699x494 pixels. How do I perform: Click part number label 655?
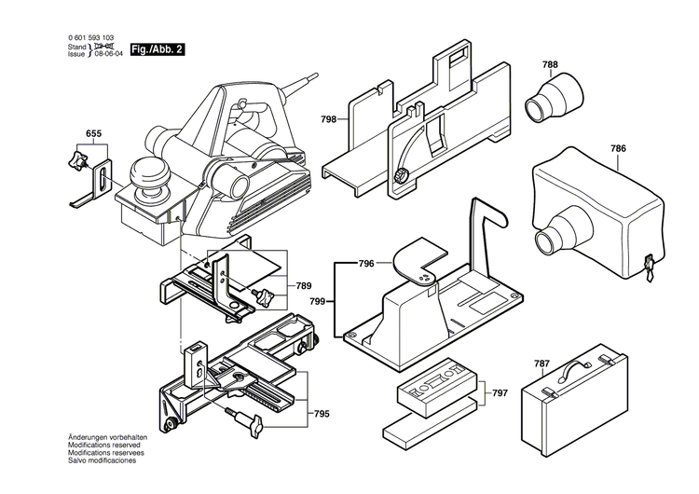click(x=93, y=134)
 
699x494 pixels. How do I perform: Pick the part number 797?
click(x=500, y=393)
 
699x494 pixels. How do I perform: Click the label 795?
click(x=322, y=387)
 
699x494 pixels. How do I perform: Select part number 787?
click(x=542, y=364)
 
